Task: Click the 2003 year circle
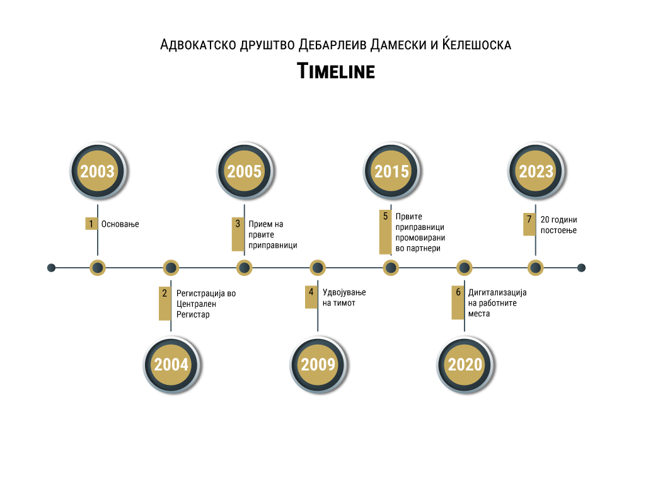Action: coord(98,171)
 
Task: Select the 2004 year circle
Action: coord(171,364)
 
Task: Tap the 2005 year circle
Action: coord(245,171)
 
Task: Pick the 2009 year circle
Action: coord(318,364)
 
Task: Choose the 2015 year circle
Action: coord(391,171)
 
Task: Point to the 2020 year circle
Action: coord(465,364)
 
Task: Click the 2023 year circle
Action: coord(536,171)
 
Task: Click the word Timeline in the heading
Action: coord(336,71)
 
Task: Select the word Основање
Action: coord(120,224)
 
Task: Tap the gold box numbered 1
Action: coord(91,224)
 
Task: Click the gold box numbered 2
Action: coord(165,303)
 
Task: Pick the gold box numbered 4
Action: coord(311,297)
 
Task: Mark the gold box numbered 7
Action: coord(529,224)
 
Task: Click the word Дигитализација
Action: coord(497,292)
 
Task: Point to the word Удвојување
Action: coord(344,292)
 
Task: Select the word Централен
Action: coord(196,304)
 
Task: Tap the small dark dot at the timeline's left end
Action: coord(51,268)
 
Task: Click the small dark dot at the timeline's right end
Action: coord(581,268)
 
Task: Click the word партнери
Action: coord(424,249)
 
